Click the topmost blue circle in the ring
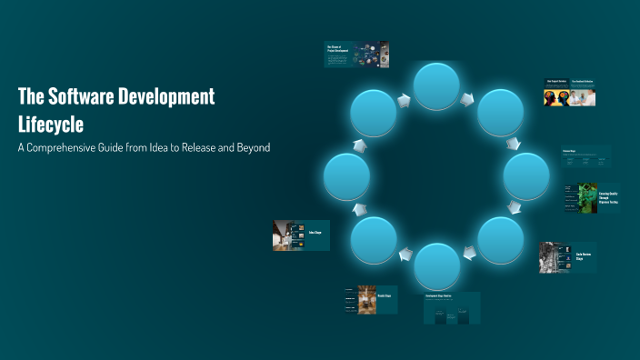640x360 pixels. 437,86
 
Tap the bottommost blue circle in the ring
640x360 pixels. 437,267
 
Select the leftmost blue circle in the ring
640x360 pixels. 346,176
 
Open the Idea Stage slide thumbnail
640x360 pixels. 301,235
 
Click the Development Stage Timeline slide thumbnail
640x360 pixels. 452,308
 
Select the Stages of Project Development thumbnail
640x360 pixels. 356,55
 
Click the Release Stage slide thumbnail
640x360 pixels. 370,299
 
